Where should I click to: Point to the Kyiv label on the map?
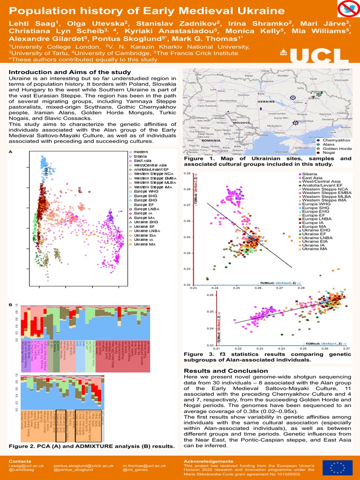(261, 94)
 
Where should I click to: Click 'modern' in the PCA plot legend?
(140, 152)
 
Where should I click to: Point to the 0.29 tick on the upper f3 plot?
(187, 173)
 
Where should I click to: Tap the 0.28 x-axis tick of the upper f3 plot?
(301, 288)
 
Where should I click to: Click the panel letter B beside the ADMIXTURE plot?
(11, 305)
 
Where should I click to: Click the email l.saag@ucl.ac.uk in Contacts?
(26, 466)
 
